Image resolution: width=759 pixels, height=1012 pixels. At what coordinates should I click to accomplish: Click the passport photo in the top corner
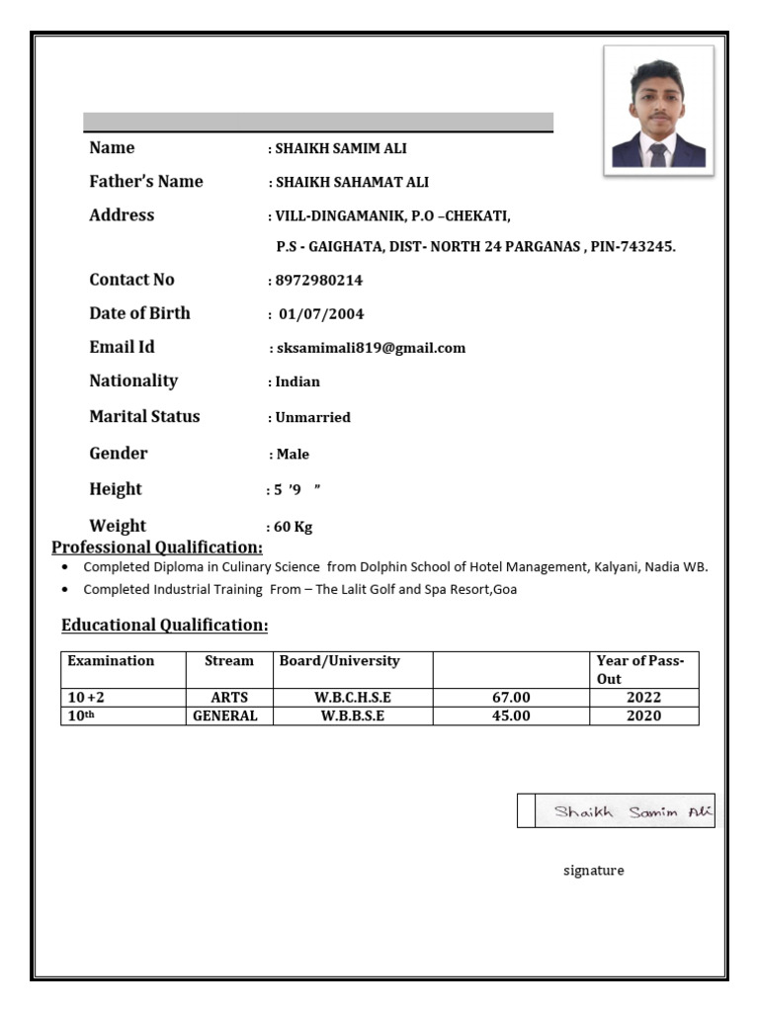[x=658, y=111]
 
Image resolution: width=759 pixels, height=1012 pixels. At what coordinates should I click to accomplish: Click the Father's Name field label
[x=145, y=182]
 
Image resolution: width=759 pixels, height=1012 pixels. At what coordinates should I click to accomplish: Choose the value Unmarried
[x=312, y=417]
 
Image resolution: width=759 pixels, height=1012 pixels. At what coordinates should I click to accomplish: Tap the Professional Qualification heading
[x=157, y=548]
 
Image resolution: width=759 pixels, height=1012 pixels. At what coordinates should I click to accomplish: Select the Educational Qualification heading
[x=164, y=626]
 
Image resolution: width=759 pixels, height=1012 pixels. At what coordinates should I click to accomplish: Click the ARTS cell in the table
[x=229, y=698]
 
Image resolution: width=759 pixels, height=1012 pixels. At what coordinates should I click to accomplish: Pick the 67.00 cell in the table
[x=511, y=698]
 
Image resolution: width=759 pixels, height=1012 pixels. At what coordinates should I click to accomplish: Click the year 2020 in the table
[x=643, y=716]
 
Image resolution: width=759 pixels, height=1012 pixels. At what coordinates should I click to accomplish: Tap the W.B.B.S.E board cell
[x=353, y=716]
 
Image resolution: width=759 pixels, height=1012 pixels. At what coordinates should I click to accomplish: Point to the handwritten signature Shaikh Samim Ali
[x=625, y=811]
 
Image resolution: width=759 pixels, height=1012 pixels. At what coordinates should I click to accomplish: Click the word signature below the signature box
[x=593, y=871]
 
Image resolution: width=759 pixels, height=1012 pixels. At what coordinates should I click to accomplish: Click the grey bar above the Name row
[x=317, y=122]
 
